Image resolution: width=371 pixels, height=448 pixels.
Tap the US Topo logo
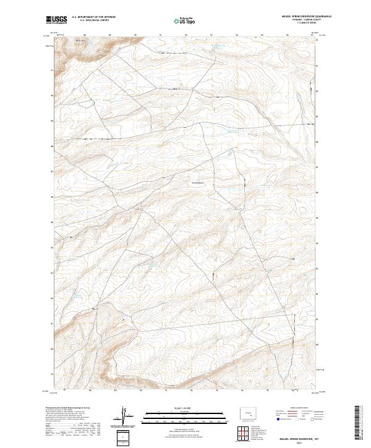[x=185, y=20]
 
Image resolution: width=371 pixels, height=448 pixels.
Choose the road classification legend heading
[x=296, y=410]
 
